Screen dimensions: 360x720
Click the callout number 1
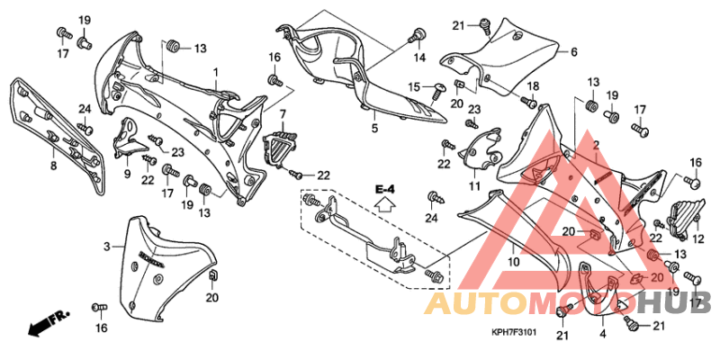click(215, 71)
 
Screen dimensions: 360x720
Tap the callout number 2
click(596, 145)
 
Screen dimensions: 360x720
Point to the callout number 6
click(573, 51)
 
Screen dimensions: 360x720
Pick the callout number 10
click(514, 262)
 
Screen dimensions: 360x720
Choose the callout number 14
click(419, 58)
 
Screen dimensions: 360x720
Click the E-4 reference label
click(385, 188)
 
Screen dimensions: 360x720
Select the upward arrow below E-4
click(385, 204)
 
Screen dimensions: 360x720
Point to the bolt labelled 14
click(416, 36)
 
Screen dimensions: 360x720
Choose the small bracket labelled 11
click(482, 149)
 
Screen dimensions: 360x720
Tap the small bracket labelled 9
click(126, 139)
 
